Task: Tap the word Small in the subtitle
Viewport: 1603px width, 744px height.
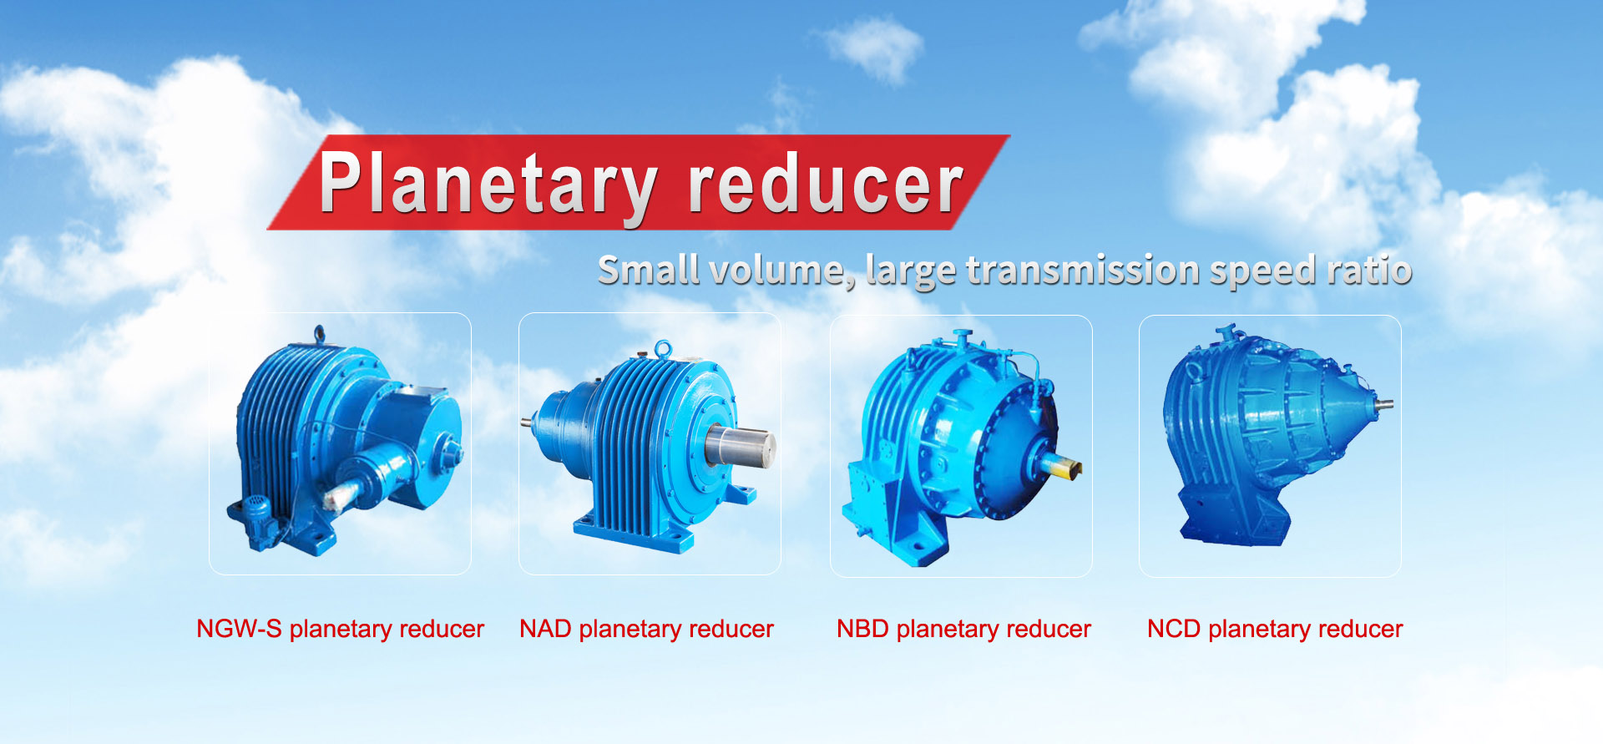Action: [x=649, y=270]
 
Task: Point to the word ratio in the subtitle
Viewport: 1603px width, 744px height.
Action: [x=1369, y=270]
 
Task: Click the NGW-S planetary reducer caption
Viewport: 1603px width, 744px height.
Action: [x=340, y=629]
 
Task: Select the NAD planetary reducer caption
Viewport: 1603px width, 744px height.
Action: [x=646, y=629]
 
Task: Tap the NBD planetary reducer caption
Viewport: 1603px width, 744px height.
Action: [x=963, y=629]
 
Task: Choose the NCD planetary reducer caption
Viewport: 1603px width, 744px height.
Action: [x=1275, y=629]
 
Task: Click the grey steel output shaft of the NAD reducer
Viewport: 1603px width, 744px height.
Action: [x=741, y=445]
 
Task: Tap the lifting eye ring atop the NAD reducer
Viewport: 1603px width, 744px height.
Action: [x=663, y=348]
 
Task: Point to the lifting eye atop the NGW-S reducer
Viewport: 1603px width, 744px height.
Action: [x=318, y=335]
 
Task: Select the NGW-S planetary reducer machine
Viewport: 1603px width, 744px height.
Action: [x=344, y=441]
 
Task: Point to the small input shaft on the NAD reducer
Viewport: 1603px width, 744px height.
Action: [x=528, y=422]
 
